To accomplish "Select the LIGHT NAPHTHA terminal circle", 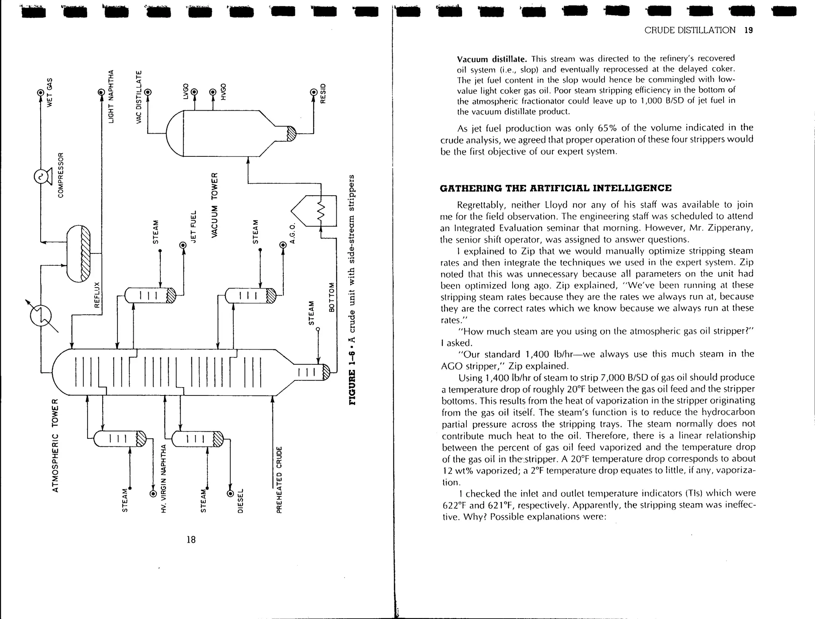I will click(x=101, y=92).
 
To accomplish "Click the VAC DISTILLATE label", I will click(x=139, y=97).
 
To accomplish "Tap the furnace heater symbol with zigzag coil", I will click(x=314, y=211).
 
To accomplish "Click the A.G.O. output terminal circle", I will click(x=283, y=245).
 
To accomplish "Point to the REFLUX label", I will click(x=97, y=295).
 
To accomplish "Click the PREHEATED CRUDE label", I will click(x=279, y=479).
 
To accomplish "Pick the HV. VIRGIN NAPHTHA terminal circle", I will click(x=153, y=494).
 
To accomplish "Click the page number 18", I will click(x=191, y=539).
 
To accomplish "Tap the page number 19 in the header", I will click(x=748, y=31).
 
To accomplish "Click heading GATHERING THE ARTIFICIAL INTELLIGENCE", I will click(x=556, y=188).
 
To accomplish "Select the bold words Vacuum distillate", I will click(x=492, y=60).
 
